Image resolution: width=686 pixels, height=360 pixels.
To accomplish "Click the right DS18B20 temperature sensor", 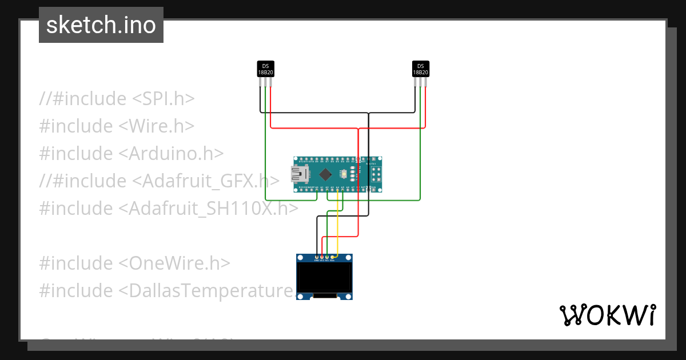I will click(421, 69).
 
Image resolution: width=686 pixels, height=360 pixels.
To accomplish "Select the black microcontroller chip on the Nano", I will click(325, 173).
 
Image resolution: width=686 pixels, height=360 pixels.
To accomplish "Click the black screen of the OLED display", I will click(324, 277).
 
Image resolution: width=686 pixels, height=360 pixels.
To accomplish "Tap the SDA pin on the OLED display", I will click(332, 257).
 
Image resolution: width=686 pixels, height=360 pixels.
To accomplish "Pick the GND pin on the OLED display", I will click(317, 257).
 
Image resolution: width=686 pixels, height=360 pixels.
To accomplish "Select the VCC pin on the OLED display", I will click(322, 257).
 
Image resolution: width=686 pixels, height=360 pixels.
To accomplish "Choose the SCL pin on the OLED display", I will click(327, 257).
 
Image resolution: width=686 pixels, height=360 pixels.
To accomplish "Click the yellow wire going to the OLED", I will click(338, 229).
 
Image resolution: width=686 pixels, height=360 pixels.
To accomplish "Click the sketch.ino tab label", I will click(101, 25).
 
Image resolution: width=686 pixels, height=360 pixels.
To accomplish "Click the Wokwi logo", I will click(607, 315).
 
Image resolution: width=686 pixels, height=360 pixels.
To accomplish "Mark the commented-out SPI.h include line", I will click(117, 98).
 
